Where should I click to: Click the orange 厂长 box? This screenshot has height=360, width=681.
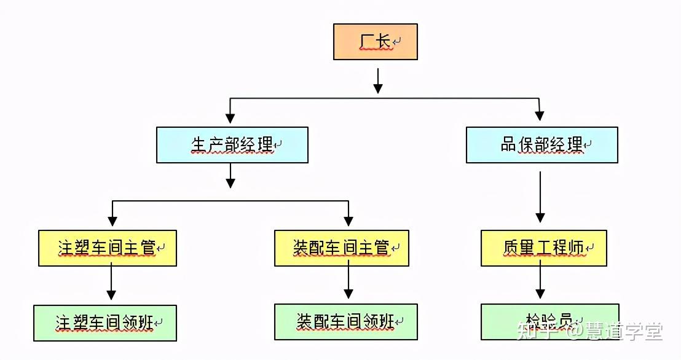click(375, 42)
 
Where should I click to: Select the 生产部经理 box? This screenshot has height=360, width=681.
click(232, 145)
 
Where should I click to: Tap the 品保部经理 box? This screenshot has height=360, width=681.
click(541, 145)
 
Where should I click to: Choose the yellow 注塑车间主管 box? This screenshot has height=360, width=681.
click(108, 248)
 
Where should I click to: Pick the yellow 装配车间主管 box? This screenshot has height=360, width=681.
click(341, 248)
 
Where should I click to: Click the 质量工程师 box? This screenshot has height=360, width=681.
click(543, 248)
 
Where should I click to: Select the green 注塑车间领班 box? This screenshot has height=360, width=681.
click(105, 323)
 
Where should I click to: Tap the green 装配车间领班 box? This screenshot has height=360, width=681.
click(345, 321)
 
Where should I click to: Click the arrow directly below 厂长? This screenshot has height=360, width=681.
click(378, 80)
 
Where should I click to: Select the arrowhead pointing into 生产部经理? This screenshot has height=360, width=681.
click(230, 117)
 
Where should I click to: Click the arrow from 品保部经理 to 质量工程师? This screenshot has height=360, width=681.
click(540, 197)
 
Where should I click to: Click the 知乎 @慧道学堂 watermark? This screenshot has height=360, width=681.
click(590, 332)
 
